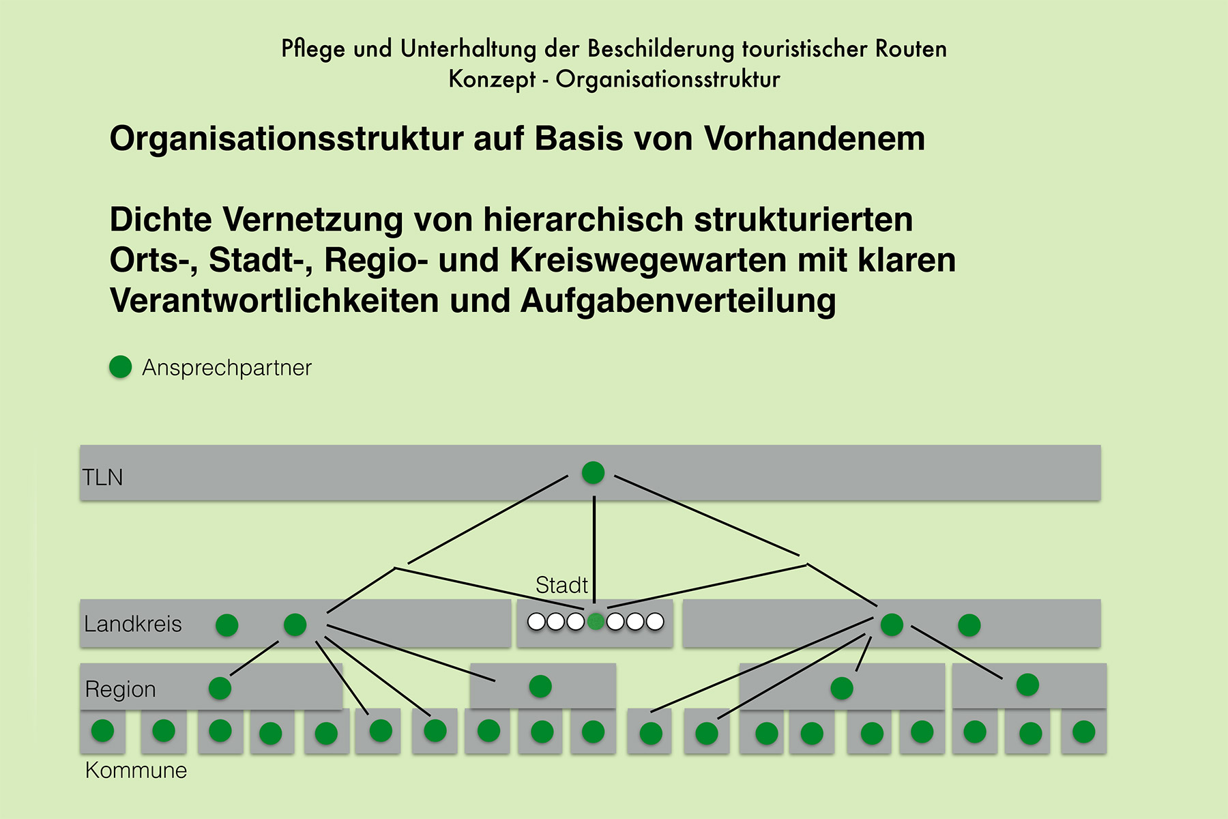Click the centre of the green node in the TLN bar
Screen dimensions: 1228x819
(x=593, y=472)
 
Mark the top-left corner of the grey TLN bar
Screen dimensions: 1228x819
(x=81, y=446)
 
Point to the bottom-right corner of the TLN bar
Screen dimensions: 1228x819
(x=1100, y=500)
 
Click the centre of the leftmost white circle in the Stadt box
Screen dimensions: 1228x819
(x=537, y=622)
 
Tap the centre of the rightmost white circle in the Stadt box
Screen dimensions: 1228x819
(x=655, y=622)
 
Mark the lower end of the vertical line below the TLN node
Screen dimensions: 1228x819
(x=594, y=603)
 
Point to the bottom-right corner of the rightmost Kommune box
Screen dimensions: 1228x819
(x=1106, y=753)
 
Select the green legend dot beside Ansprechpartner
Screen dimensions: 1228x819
(x=121, y=367)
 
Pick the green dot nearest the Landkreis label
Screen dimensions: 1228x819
(x=226, y=624)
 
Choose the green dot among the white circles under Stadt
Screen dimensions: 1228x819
(x=596, y=621)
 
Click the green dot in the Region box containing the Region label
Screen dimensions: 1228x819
(x=220, y=687)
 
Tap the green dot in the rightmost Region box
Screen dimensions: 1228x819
(x=1027, y=685)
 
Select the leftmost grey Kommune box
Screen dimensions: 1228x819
(x=102, y=731)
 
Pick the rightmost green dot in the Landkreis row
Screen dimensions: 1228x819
(x=969, y=624)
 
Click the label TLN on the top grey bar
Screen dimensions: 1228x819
(x=103, y=477)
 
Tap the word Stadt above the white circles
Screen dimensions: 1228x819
(x=561, y=585)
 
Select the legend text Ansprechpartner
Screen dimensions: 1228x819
(x=226, y=368)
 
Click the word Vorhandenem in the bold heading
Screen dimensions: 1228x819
(x=814, y=139)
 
